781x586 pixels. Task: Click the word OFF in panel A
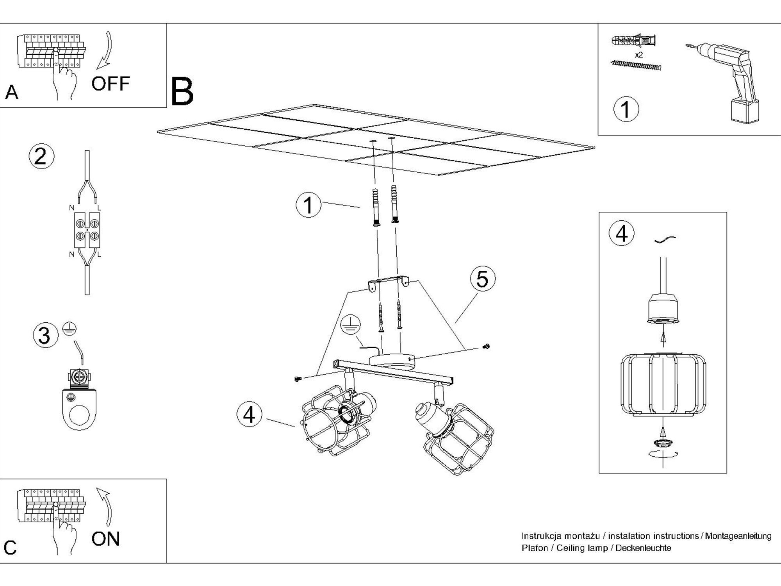pos(110,84)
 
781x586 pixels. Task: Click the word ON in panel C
pos(105,539)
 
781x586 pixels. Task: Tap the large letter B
pos(182,92)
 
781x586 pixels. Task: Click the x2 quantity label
pos(639,55)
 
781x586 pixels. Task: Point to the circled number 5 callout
pos(483,279)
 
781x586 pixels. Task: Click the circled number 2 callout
pos(41,157)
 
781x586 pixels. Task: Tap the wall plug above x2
pos(633,41)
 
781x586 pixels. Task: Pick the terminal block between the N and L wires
pos(87,230)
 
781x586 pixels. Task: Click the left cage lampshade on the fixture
pos(336,420)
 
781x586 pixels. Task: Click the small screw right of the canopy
pos(487,346)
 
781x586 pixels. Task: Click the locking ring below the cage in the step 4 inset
pos(662,443)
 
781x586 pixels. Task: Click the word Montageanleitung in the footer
pos(738,536)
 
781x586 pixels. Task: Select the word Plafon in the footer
pos(535,548)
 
